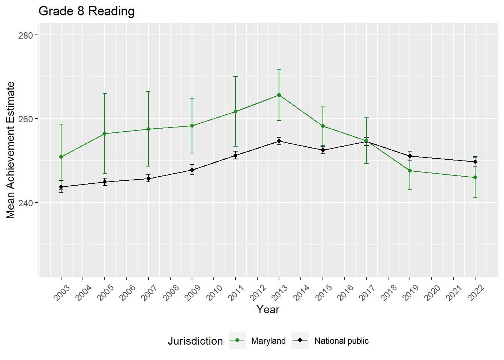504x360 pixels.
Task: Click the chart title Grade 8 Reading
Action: tap(87, 11)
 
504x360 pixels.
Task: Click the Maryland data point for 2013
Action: tap(279, 95)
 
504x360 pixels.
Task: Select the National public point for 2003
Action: tap(61, 187)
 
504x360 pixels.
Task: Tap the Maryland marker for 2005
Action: tap(105, 133)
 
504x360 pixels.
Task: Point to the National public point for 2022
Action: tap(475, 162)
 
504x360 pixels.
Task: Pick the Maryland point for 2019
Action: tap(410, 171)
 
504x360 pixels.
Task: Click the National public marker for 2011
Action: tap(235, 155)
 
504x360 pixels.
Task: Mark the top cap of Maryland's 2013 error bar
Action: tap(279, 70)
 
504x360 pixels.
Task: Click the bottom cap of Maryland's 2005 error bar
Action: tap(105, 174)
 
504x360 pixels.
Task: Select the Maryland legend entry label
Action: tap(268, 341)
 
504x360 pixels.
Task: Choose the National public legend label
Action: tap(341, 341)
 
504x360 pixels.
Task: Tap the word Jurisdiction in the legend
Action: tap(195, 341)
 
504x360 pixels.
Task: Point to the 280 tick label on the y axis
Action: tap(25, 35)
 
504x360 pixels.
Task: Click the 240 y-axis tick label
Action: tap(25, 202)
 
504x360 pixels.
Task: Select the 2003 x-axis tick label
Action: tap(62, 293)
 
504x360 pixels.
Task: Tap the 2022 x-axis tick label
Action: tap(476, 293)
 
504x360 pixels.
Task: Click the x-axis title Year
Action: tap(268, 309)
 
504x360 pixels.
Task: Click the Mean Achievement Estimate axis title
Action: tap(10, 150)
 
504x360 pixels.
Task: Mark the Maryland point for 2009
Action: tap(192, 126)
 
